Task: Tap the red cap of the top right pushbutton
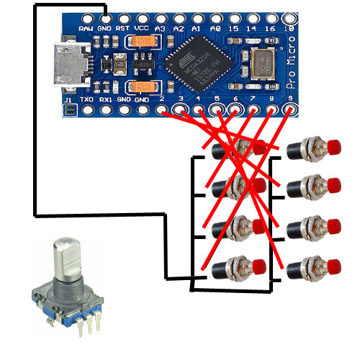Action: (x=333, y=149)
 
